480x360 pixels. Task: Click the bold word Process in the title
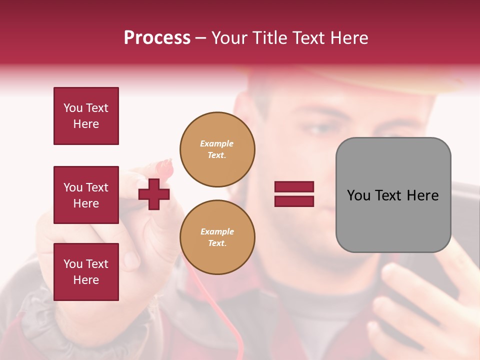click(x=157, y=38)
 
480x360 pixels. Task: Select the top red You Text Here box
click(x=86, y=116)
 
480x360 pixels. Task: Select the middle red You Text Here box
click(x=86, y=195)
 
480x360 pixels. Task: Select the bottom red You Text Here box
click(x=86, y=272)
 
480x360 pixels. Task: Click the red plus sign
click(x=153, y=194)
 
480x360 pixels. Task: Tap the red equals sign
click(x=294, y=194)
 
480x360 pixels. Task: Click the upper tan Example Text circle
click(x=217, y=149)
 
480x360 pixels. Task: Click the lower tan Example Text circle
click(x=217, y=237)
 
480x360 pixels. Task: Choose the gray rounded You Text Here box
click(x=393, y=195)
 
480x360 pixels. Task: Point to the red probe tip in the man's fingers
click(x=165, y=165)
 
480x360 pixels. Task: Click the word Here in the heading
click(x=350, y=38)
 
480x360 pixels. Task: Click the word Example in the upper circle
click(x=216, y=143)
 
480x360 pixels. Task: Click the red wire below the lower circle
click(x=220, y=300)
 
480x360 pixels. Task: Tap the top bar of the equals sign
click(x=294, y=187)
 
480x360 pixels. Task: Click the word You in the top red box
click(x=73, y=108)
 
